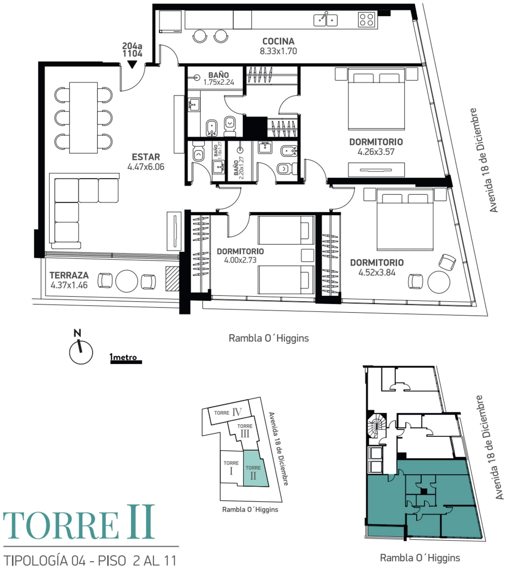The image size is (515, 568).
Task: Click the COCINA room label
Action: click(278, 41)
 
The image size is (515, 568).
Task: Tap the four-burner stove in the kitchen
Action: click(366, 20)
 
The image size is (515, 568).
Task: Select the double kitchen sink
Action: click(326, 20)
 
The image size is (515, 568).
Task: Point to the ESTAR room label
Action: click(146, 157)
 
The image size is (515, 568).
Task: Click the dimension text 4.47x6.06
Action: click(146, 167)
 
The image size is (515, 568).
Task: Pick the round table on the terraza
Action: click(127, 281)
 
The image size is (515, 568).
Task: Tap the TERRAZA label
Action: click(69, 275)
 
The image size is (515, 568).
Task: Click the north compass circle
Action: click(81, 352)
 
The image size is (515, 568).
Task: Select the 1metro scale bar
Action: click(126, 362)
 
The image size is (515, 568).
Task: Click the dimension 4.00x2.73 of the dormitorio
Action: click(240, 260)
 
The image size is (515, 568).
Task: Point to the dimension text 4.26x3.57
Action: click(376, 152)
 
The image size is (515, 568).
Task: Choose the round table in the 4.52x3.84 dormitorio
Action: click(439, 282)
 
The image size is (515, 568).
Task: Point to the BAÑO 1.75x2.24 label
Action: click(218, 79)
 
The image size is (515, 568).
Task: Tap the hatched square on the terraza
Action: click(172, 279)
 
